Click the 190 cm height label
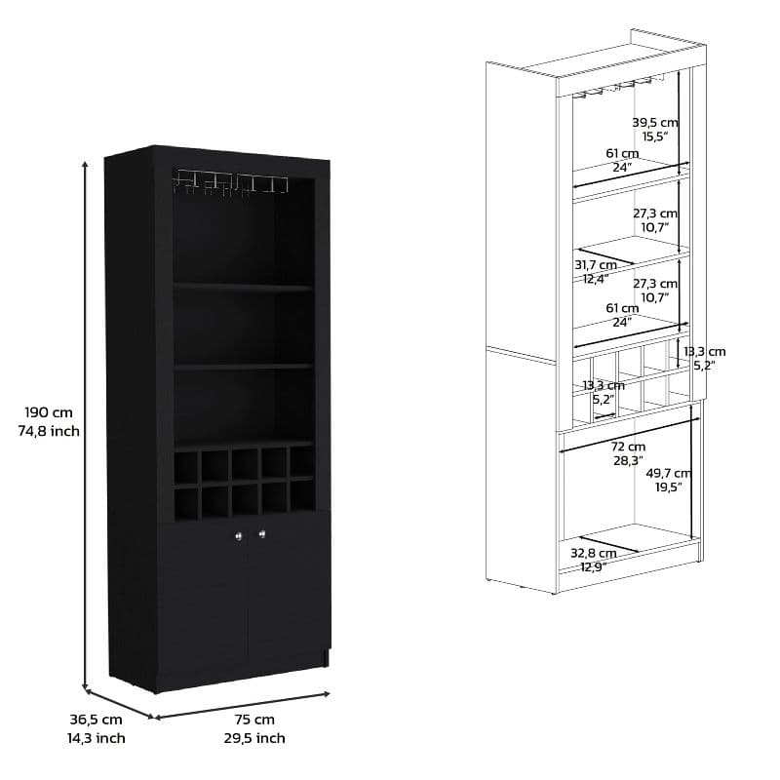(x=49, y=412)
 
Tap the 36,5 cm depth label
(x=96, y=720)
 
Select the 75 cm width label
(x=254, y=720)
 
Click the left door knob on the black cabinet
(x=238, y=535)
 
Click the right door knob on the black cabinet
(x=261, y=534)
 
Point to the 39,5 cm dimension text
(x=654, y=122)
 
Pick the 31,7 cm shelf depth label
(x=596, y=265)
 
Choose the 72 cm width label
(x=628, y=447)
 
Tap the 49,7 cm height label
(x=668, y=473)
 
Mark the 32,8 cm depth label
(x=594, y=553)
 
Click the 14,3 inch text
(x=96, y=738)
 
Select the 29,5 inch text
(x=254, y=738)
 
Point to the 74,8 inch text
(x=49, y=431)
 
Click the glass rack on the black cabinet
(x=231, y=182)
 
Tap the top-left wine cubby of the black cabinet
(x=185, y=467)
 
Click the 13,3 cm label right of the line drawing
(x=704, y=352)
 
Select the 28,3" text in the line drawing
(x=628, y=460)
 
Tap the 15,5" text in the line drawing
(x=654, y=136)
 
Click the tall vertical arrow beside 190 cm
(x=86, y=425)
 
